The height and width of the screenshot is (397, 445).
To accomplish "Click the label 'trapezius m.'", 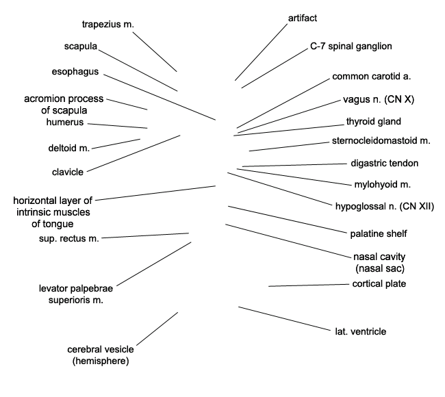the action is pyautogui.click(x=108, y=25).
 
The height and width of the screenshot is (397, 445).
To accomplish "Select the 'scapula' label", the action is pyautogui.click(x=81, y=47).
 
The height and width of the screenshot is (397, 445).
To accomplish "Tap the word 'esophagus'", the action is pyautogui.click(x=75, y=72).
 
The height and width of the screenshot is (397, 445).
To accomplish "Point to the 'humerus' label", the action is pyautogui.click(x=65, y=122).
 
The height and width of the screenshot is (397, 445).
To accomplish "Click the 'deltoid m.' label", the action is pyautogui.click(x=69, y=148).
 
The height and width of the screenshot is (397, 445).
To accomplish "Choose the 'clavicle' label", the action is pyautogui.click(x=68, y=172).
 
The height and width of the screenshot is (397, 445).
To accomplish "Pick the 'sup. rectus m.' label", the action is pyautogui.click(x=69, y=239).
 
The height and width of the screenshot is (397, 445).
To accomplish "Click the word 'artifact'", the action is pyautogui.click(x=303, y=18).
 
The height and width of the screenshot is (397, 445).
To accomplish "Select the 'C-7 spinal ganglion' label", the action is pyautogui.click(x=351, y=47).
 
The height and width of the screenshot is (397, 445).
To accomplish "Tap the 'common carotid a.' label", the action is pyautogui.click(x=372, y=77).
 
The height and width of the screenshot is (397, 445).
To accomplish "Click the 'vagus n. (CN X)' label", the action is pyautogui.click(x=379, y=99).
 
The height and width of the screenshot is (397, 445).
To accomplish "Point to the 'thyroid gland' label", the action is pyautogui.click(x=374, y=121).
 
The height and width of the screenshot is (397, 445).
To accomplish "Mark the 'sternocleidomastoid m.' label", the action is pyautogui.click(x=381, y=141).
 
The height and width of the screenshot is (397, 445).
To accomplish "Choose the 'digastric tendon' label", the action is pyautogui.click(x=385, y=163).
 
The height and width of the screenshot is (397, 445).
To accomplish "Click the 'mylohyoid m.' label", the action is pyautogui.click(x=383, y=185).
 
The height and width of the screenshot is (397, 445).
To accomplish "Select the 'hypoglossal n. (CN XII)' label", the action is pyautogui.click(x=385, y=206).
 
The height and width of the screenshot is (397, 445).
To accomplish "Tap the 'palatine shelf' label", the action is pyautogui.click(x=379, y=234).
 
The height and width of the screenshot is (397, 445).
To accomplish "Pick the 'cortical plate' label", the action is pyautogui.click(x=379, y=284).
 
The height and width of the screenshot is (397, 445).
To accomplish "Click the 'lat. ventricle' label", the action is pyautogui.click(x=361, y=331).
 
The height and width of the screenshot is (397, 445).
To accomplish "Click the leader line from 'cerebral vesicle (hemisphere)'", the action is pyautogui.click(x=157, y=329).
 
